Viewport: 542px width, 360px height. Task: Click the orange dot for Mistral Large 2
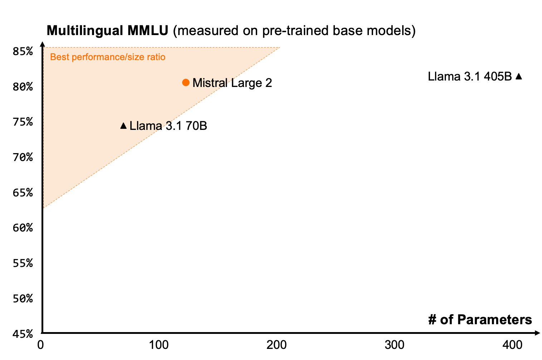pos(186,83)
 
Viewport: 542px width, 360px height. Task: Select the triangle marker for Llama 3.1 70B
pos(123,126)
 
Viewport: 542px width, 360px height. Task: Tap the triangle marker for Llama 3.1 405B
pos(519,76)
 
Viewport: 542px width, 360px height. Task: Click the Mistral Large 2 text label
pos(232,83)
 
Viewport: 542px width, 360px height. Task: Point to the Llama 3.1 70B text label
pos(168,126)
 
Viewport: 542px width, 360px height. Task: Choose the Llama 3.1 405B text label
pos(470,77)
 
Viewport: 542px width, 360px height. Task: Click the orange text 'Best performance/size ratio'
pos(108,57)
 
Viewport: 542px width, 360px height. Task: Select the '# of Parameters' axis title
pos(480,320)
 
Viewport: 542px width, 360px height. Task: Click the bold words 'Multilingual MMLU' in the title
pos(107,31)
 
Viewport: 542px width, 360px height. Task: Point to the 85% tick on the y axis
pos(23,52)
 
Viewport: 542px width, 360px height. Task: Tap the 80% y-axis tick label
pos(23,87)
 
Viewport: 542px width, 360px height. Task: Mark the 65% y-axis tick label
pos(23,193)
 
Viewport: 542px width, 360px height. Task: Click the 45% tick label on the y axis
pos(23,334)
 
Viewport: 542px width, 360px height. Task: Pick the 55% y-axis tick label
pos(23,263)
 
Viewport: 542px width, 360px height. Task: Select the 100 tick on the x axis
pos(158,345)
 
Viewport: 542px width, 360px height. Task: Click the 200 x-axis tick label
pos(277,345)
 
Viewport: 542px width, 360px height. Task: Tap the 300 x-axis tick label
pos(394,345)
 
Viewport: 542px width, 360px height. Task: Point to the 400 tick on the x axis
pos(512,345)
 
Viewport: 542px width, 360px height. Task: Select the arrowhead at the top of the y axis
pos(42,44)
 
